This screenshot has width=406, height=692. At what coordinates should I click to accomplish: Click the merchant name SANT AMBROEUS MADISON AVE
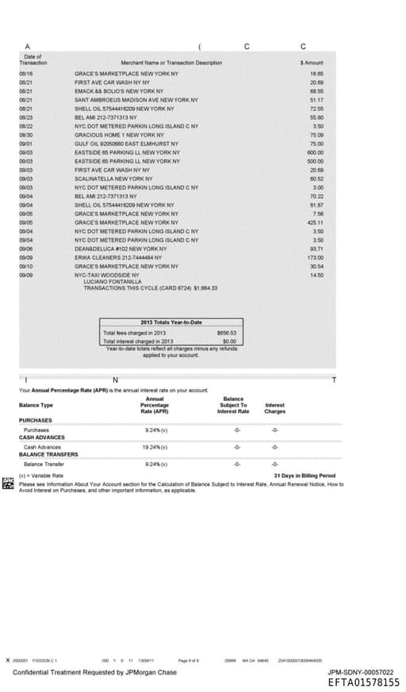[x=136, y=101]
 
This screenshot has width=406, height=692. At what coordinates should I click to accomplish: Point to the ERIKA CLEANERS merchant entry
[x=118, y=257]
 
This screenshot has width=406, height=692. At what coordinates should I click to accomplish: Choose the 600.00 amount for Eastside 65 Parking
[x=316, y=152]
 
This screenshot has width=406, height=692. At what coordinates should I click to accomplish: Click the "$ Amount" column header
[x=311, y=62]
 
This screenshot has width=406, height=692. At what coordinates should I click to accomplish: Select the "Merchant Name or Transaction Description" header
[x=170, y=62]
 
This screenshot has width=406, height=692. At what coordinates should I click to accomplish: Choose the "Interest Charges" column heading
[x=274, y=407]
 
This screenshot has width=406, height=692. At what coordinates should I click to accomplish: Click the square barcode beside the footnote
[x=8, y=483]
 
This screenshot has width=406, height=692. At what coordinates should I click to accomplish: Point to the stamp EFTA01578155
[x=363, y=682]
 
